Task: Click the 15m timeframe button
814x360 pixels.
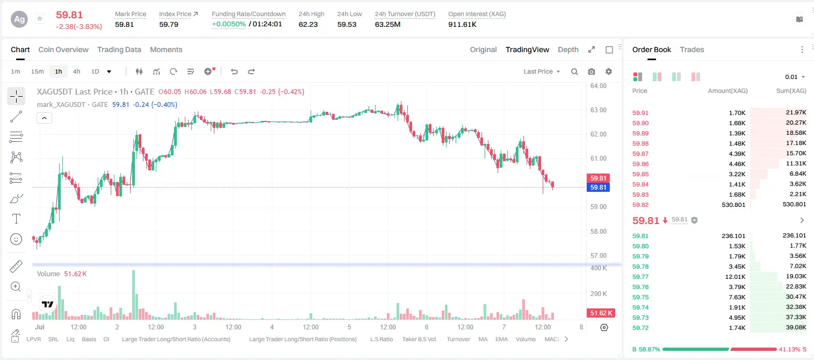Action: point(38,71)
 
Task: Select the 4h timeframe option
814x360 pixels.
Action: point(76,71)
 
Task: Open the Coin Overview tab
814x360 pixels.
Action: point(63,49)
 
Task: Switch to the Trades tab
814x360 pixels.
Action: point(692,49)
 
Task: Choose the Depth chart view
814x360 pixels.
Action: point(568,49)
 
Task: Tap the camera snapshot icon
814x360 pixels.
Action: point(592,71)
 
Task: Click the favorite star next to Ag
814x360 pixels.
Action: point(40,18)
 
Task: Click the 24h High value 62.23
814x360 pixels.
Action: point(308,24)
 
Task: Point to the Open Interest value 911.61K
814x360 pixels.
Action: point(462,24)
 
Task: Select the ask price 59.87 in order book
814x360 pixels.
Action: point(640,154)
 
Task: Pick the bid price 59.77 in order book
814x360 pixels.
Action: point(640,277)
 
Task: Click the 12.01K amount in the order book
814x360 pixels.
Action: point(735,277)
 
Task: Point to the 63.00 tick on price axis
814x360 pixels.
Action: point(599,110)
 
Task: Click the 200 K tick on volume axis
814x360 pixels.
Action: point(599,293)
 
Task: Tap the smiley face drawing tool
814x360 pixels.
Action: point(16,239)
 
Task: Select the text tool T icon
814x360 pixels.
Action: point(16,219)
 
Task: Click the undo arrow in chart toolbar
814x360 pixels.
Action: point(234,71)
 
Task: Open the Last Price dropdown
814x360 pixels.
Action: point(542,71)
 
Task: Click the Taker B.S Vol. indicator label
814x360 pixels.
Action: point(419,339)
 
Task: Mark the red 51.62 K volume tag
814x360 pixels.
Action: point(601,313)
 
